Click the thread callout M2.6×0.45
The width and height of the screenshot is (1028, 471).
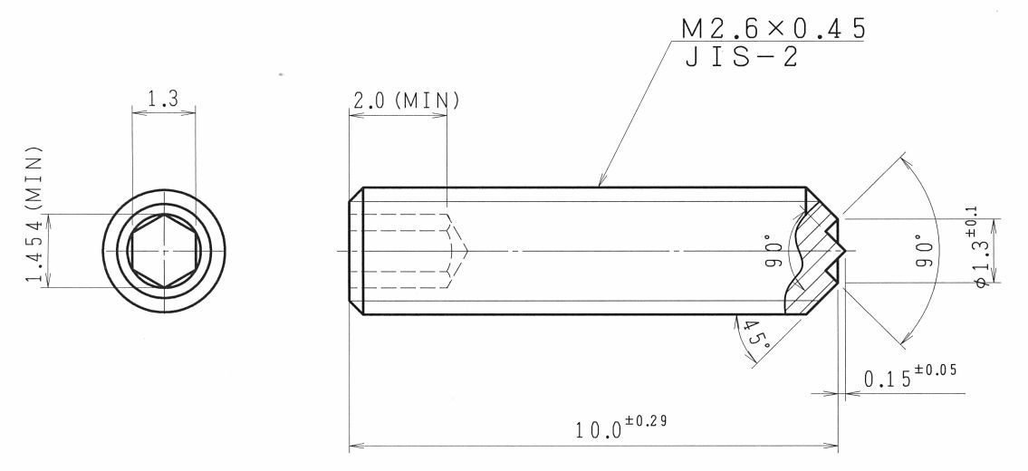coord(773,29)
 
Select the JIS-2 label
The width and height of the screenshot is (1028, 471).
coord(742,57)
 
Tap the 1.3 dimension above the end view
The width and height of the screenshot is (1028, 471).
coord(163,99)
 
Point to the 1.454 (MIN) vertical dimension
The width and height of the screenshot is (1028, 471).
coord(35,215)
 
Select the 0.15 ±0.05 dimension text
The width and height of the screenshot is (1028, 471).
coord(910,376)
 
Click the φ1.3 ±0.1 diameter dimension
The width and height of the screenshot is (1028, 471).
coord(982,248)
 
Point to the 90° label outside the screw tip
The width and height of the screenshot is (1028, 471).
coord(924,251)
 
